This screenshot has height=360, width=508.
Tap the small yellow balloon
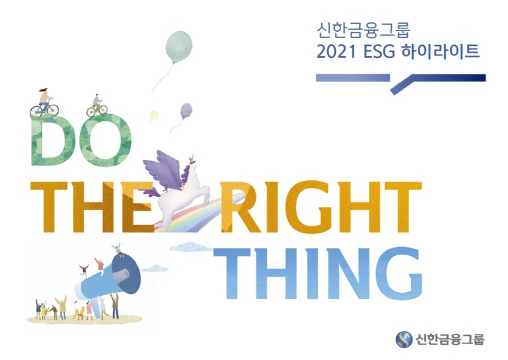pos(153,116)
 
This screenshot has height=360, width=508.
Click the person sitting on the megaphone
pos(117,250)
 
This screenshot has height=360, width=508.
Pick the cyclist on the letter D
pos(44,102)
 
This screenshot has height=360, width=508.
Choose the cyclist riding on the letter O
pos(97,105)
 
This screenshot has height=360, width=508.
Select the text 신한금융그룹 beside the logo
pos(450,339)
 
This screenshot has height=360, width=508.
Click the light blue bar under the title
pos(352,77)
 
